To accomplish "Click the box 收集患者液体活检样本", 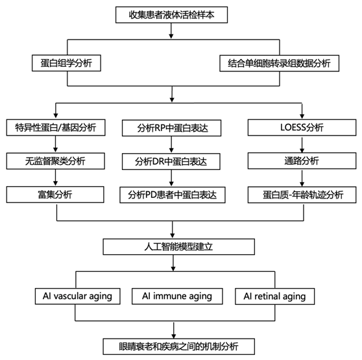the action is coord(171,15).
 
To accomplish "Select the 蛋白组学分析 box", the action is coord(66,63).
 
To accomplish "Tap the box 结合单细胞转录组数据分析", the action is coord(280,63).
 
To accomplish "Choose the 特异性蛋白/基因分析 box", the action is coord(56,127).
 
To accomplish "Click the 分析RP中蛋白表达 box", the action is coord(171,128).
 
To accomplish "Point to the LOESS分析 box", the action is coord(302,127).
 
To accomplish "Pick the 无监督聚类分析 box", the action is coord(55,161).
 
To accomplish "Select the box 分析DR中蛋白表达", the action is coord(171,162).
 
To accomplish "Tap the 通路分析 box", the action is coord(302,161).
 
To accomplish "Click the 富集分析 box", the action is coord(55,195).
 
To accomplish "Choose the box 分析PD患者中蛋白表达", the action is coord(173,195).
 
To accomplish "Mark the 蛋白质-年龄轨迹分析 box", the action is coord(302,195).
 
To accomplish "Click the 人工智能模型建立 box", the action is coord(179,246).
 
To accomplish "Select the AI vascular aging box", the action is coord(78,296).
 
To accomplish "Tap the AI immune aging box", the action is coord(177,296).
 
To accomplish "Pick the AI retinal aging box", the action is coord(274,296).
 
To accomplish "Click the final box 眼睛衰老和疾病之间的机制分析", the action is coord(179,346).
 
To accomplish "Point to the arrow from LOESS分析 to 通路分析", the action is coord(302,145).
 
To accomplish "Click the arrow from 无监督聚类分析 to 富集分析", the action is coord(55,178).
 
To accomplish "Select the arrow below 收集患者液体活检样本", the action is coord(171,30).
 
